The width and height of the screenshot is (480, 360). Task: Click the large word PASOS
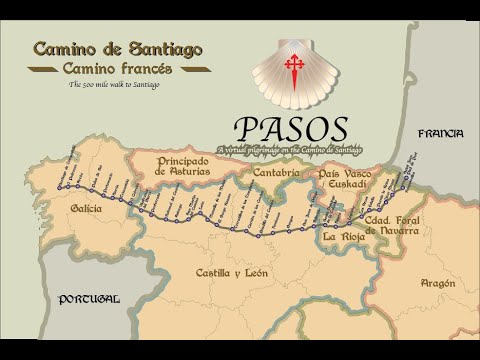[x=291, y=129]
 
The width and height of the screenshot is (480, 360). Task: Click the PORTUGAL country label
[x=88, y=299]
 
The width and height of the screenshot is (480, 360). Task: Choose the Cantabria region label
[x=276, y=173]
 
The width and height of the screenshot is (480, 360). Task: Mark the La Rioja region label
[x=344, y=237]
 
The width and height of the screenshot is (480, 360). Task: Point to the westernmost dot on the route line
[x=60, y=187]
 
